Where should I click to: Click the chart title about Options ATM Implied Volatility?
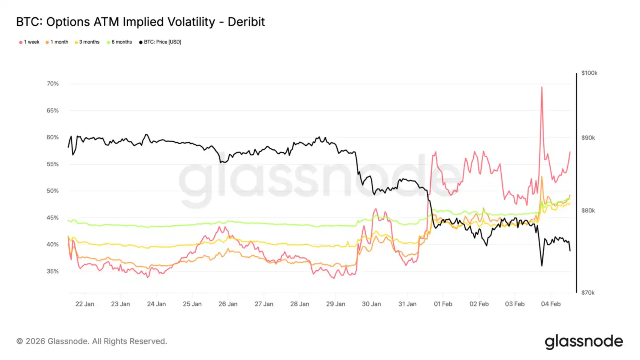pyautogui.click(x=140, y=21)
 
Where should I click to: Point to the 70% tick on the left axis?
pyautogui.click(x=52, y=84)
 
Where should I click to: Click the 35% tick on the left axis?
pyautogui.click(x=52, y=271)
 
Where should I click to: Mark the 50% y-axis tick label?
pyautogui.click(x=52, y=191)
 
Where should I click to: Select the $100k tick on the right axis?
pyautogui.click(x=589, y=73)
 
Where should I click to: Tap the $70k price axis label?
pyautogui.click(x=588, y=292)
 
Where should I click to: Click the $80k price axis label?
pyautogui.click(x=588, y=211)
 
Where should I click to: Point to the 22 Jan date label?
pyautogui.click(x=84, y=304)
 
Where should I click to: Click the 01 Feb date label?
pyautogui.click(x=443, y=304)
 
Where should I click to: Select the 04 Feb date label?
pyautogui.click(x=551, y=304)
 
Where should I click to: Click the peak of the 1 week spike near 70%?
pyautogui.click(x=542, y=87)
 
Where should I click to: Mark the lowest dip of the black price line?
pyautogui.click(x=542, y=266)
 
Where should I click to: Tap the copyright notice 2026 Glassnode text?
pyautogui.click(x=92, y=341)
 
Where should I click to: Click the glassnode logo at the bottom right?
pyautogui.click(x=584, y=341)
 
